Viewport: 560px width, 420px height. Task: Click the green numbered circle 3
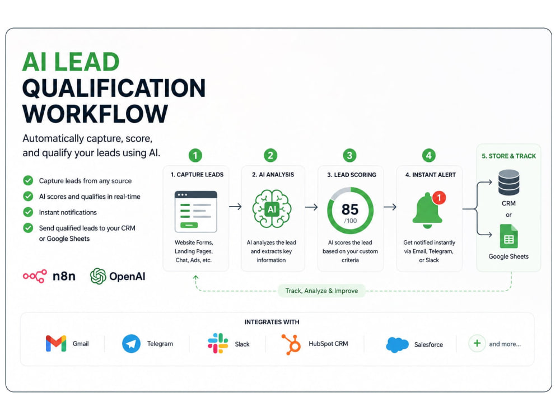[349, 155]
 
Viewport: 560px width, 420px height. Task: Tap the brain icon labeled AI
[272, 209]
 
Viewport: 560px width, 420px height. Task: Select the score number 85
[350, 209]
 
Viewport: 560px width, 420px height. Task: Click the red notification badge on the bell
[439, 198]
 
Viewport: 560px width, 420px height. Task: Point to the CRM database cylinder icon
[508, 182]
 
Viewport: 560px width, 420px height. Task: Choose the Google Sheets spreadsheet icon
[508, 236]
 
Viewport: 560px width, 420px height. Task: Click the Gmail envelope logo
[56, 344]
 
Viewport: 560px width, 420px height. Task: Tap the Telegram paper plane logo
[131, 344]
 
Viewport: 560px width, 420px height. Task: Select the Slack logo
[218, 344]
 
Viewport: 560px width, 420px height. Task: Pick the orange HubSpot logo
[291, 344]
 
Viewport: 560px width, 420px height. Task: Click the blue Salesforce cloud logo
[397, 344]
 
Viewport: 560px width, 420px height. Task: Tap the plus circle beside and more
[477, 344]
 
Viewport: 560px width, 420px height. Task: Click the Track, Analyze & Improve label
[321, 291]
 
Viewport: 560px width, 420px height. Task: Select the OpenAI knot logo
[98, 276]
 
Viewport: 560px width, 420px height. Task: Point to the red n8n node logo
[35, 276]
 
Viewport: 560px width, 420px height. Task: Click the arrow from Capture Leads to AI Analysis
[235, 207]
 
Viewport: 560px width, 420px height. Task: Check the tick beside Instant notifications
[28, 212]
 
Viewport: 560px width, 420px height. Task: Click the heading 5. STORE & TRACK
[508, 156]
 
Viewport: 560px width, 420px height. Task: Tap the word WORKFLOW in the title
[95, 114]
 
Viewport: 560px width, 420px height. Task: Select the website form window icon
[195, 212]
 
